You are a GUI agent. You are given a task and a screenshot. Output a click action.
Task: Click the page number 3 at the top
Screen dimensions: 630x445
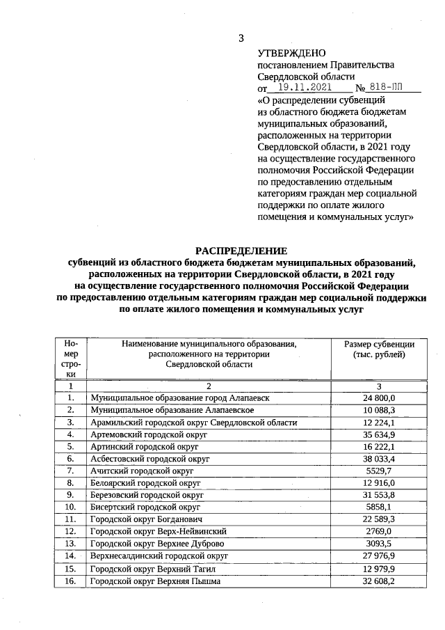pos(240,39)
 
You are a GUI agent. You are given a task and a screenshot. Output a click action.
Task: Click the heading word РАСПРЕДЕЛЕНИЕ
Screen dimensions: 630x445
pos(241,251)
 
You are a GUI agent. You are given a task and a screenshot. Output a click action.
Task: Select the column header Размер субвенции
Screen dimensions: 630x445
pos(379,344)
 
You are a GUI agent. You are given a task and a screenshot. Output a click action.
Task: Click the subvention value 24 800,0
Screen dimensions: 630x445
pos(379,397)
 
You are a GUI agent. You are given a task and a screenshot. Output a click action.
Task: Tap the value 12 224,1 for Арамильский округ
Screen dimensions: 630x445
pos(379,423)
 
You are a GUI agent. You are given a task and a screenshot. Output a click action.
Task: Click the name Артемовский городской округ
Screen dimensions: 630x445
pos(149,434)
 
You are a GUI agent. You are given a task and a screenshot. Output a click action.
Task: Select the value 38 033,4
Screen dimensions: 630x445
pos(379,459)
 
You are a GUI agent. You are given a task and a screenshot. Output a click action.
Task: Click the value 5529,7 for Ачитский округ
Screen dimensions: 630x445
pos(379,471)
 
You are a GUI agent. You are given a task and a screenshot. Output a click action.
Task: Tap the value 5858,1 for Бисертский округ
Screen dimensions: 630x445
pos(379,507)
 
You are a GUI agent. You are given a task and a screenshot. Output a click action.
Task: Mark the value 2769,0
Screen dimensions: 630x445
pos(379,532)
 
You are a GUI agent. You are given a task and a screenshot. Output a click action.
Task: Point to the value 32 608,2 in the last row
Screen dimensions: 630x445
pos(379,581)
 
